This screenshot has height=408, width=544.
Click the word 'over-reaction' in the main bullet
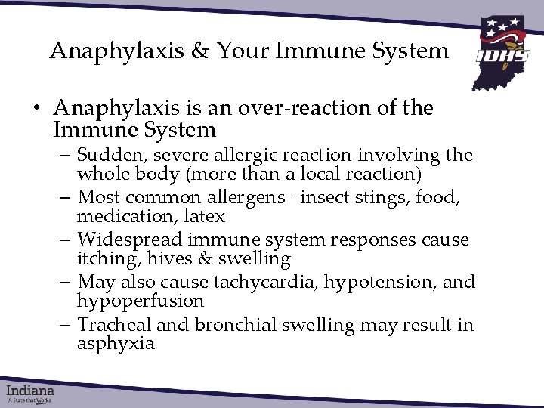300,109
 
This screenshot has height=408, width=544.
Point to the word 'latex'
206,216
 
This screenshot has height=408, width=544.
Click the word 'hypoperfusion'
141,301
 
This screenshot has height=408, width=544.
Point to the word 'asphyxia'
116,344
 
